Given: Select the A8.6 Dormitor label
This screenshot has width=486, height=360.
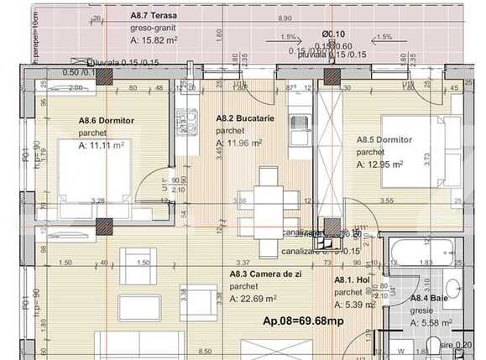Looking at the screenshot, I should click(105, 122).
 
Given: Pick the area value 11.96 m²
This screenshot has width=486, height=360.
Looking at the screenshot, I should click(243, 143).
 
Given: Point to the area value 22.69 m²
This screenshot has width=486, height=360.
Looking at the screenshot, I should click(258, 298).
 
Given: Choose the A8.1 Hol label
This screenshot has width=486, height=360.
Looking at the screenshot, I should click(353, 280).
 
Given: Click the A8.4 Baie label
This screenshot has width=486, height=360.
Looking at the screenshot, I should click(428, 298).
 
